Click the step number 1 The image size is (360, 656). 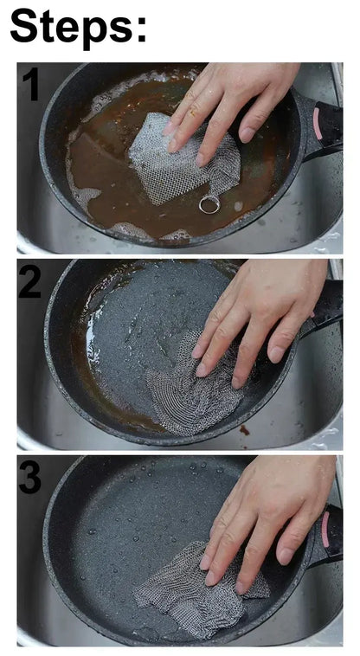click(x=30, y=86)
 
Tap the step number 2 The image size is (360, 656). click(x=30, y=282)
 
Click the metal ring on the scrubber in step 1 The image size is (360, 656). click(x=209, y=204)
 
